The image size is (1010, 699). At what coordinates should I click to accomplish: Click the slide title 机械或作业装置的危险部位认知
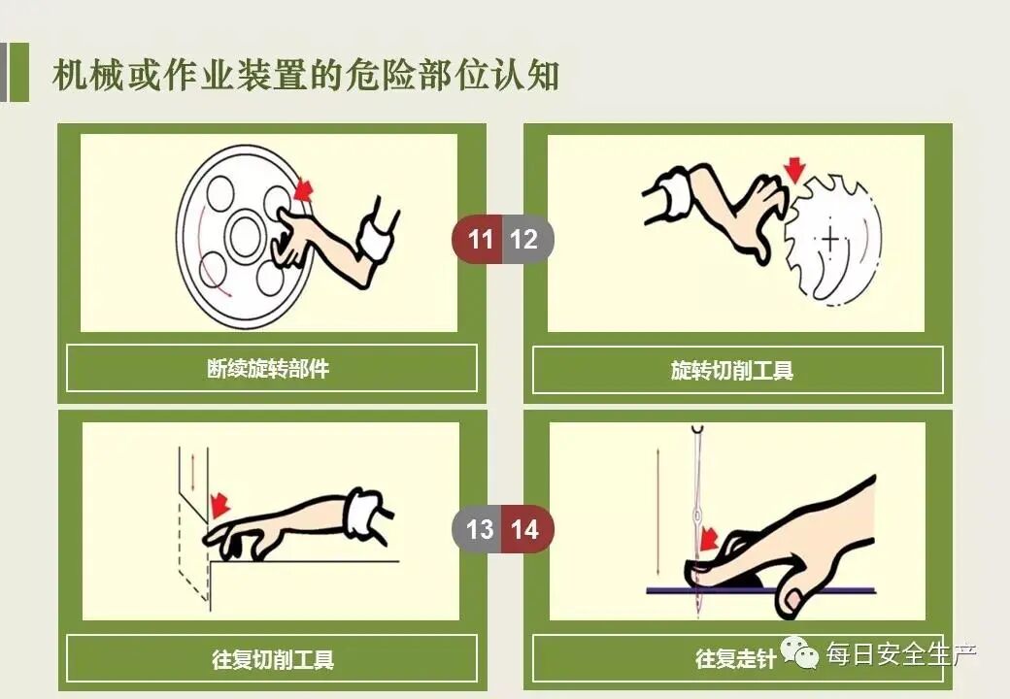tap(306, 76)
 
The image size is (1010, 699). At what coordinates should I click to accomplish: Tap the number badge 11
tap(480, 239)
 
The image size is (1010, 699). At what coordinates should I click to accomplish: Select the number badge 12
tap(524, 239)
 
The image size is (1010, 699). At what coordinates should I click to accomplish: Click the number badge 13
tap(480, 529)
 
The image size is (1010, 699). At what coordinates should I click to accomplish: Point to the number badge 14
tap(525, 529)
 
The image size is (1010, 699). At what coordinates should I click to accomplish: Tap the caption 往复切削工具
tap(273, 659)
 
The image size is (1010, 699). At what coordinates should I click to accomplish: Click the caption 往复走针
tap(736, 659)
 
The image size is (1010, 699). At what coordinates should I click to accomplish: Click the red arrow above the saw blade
tap(795, 171)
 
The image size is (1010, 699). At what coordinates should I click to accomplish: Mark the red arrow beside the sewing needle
tap(710, 538)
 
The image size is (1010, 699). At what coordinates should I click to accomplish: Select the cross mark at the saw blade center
tap(831, 238)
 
